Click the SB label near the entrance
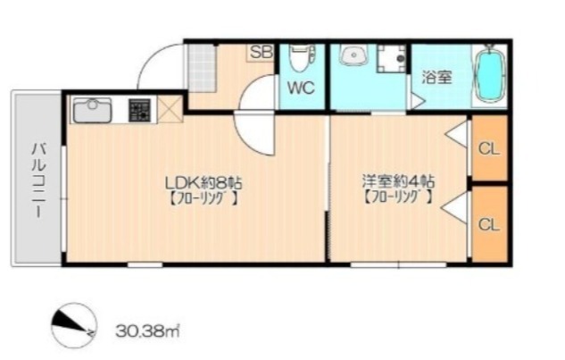click(262, 53)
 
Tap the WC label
click(301, 88)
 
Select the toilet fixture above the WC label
click(302, 58)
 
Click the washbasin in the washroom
click(353, 55)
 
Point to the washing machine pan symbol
click(392, 58)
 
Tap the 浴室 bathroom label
click(437, 77)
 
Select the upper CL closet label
click(489, 148)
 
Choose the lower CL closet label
click(489, 224)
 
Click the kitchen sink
click(92, 110)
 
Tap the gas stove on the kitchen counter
click(139, 110)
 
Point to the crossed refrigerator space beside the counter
click(170, 109)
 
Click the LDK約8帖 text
click(204, 183)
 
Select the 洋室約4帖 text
click(398, 181)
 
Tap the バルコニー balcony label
click(38, 180)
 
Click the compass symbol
click(74, 325)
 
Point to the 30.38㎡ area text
click(148, 330)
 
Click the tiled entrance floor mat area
click(202, 68)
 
